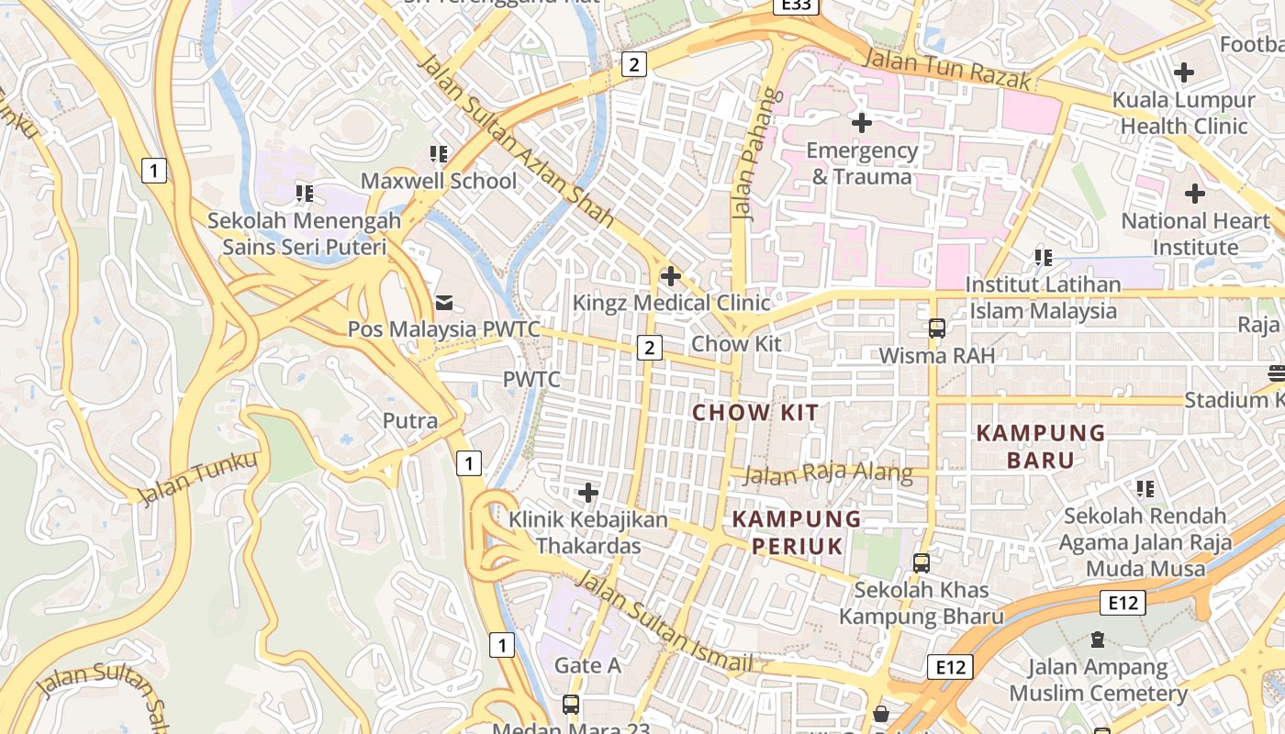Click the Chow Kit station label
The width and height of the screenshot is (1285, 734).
click(x=735, y=344)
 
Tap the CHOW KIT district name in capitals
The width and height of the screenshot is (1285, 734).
click(x=754, y=412)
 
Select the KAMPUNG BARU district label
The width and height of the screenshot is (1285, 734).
click(x=1041, y=446)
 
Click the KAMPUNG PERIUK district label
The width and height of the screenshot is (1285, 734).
click(x=797, y=533)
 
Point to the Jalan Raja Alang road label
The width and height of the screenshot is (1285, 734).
click(x=828, y=474)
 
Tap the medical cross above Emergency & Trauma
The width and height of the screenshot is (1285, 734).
click(x=861, y=121)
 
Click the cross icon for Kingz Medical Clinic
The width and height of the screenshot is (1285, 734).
click(x=671, y=275)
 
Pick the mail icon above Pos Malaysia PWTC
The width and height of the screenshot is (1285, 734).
click(x=444, y=302)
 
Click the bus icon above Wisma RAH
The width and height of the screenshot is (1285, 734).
click(x=936, y=328)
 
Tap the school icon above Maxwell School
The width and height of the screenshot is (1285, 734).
click(x=438, y=153)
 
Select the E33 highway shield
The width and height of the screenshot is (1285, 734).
click(x=796, y=6)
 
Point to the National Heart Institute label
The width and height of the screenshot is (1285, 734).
click(x=1195, y=234)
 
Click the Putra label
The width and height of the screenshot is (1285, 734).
click(x=409, y=421)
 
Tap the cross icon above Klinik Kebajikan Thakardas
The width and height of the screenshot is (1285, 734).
click(x=587, y=494)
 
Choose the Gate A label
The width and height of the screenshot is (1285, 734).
click(x=587, y=665)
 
